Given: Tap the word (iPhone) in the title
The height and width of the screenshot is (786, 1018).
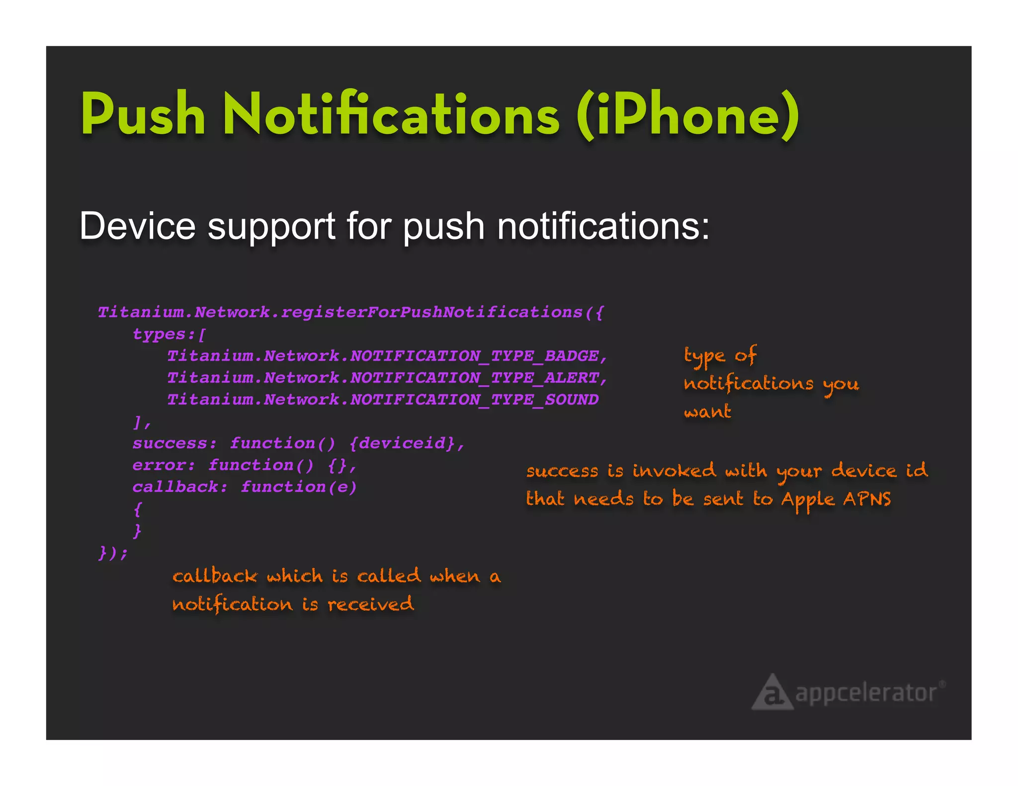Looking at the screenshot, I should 688,115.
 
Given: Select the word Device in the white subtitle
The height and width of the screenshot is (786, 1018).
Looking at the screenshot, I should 137,227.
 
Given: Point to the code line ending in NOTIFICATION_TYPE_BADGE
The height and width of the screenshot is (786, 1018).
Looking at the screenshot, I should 387,356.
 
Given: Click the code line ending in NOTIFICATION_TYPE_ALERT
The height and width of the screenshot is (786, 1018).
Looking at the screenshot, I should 387,378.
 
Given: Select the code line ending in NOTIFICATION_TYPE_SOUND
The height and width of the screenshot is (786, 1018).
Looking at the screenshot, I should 383,400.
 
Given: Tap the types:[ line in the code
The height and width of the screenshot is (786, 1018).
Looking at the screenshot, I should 169,334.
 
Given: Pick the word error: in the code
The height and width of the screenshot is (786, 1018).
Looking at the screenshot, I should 164,465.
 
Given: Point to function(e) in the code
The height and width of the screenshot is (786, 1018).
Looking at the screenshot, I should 299,487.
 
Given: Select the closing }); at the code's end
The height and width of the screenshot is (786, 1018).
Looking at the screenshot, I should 113,552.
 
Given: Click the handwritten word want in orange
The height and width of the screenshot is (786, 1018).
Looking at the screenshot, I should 707,412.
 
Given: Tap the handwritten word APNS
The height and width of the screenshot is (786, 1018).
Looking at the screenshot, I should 867,499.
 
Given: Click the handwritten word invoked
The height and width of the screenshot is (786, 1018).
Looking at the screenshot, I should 674,471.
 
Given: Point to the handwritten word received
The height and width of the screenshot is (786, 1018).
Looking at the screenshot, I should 370,604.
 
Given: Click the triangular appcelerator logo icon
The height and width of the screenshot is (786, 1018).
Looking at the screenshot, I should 771,693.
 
